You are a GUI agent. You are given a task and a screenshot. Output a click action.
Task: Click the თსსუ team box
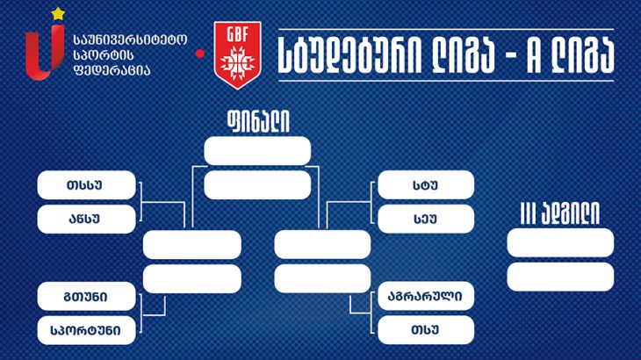point(86,185)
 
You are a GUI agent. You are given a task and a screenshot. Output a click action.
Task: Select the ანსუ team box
point(86,219)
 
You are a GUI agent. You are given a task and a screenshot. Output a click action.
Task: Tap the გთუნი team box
point(86,296)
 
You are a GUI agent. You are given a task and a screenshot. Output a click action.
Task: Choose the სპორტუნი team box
point(86,330)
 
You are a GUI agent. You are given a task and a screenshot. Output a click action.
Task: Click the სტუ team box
point(426,185)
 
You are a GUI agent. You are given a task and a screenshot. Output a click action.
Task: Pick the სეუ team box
point(426,219)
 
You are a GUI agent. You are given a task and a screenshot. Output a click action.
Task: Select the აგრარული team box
point(426,296)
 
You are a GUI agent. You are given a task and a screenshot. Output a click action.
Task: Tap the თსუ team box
point(426,330)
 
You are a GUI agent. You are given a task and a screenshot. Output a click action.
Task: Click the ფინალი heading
point(258,121)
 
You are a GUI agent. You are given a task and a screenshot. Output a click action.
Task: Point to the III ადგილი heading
point(560,213)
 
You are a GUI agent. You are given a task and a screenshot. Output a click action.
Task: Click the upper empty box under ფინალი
point(257,151)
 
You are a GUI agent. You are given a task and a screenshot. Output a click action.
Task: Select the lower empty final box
point(257,185)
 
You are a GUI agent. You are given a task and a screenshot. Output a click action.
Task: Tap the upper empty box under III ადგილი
point(560,242)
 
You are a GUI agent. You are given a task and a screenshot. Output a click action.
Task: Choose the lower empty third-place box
point(560,277)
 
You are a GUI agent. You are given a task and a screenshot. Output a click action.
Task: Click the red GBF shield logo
point(237,54)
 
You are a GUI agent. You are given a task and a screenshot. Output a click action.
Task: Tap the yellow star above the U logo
point(58,14)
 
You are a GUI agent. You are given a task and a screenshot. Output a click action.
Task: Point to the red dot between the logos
point(200,54)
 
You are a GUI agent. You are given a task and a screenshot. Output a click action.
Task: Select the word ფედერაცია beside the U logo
point(112,70)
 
